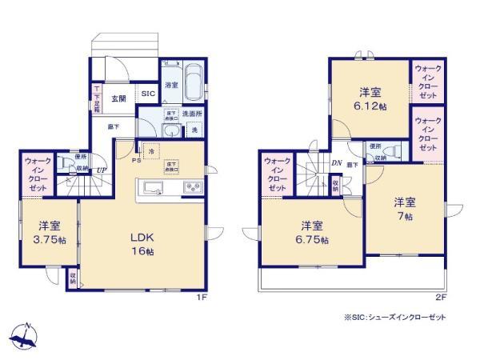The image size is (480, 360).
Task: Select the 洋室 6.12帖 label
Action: point(370,100)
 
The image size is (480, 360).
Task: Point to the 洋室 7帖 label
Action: point(406,208)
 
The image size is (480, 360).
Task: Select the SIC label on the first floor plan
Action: point(148,94)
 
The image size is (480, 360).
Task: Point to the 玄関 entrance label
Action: point(118,98)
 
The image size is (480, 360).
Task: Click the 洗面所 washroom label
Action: point(191,114)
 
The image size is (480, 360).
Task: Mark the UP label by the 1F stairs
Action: point(102,170)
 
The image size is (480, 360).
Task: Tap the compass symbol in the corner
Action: point(26,333)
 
